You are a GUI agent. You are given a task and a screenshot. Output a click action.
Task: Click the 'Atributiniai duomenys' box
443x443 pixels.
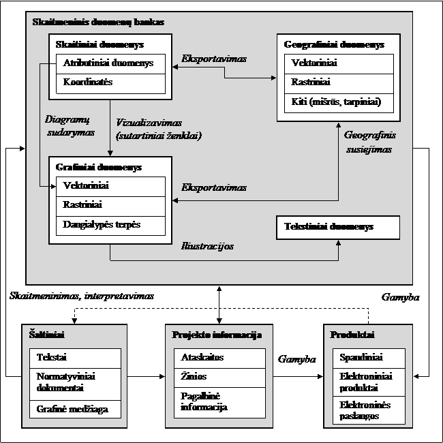(110, 64)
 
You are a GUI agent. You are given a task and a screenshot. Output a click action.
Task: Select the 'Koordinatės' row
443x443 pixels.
(110, 84)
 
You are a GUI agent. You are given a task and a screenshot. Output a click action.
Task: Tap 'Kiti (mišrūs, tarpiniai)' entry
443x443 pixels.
(339, 103)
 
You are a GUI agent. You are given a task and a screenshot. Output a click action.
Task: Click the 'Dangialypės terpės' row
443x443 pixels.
(110, 226)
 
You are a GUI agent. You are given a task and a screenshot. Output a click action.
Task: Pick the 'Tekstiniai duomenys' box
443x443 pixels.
(338, 228)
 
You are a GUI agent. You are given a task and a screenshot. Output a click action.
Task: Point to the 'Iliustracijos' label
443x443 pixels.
(207, 246)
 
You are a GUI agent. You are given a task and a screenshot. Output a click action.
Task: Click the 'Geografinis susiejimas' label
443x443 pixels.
(369, 142)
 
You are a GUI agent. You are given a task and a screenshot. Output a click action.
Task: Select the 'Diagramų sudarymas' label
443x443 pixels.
(70, 125)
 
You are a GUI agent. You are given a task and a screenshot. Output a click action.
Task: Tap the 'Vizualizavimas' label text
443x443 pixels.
(149, 123)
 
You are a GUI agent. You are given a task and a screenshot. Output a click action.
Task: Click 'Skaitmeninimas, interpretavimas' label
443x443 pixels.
(82, 296)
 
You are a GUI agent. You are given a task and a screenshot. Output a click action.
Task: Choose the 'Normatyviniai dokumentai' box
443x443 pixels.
(75, 384)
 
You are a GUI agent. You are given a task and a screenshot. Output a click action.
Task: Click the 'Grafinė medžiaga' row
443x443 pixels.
(75, 409)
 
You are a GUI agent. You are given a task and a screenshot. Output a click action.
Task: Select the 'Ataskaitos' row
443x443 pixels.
(219, 358)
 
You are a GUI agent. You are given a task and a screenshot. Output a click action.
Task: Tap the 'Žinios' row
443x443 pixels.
(219, 378)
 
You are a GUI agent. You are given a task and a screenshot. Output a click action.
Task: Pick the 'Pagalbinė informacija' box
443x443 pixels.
(219, 403)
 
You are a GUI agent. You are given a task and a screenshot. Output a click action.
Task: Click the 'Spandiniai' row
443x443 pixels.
(369, 358)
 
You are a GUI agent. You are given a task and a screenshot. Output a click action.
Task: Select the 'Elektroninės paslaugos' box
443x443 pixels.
(369, 410)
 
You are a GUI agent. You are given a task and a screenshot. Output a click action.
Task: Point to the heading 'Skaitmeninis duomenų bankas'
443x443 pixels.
(98, 22)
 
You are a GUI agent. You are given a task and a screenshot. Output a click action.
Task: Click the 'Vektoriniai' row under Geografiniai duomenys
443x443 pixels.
(339, 64)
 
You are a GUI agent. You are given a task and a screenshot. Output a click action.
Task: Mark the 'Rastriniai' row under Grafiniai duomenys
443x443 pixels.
(110, 207)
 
